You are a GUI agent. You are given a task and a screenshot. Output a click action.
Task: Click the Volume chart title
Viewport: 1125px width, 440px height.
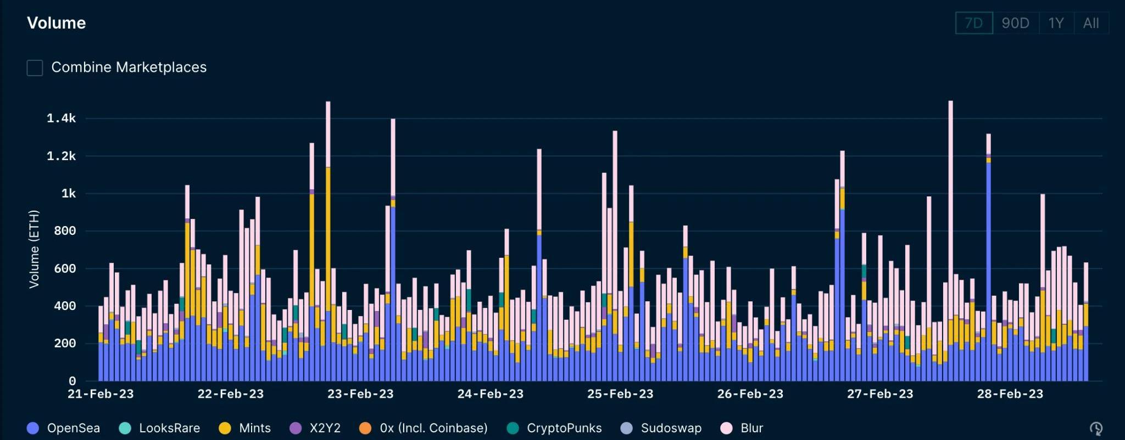point(57,23)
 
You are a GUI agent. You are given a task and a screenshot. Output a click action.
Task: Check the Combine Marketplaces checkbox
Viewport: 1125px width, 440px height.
point(35,68)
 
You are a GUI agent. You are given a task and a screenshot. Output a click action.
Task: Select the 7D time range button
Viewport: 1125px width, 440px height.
point(974,23)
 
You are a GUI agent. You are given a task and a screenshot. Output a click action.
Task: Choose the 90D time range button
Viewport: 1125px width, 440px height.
point(1015,23)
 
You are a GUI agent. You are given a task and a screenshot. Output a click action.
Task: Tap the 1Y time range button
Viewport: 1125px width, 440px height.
point(1056,23)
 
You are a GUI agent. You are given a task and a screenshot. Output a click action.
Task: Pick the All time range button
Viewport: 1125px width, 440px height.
point(1091,23)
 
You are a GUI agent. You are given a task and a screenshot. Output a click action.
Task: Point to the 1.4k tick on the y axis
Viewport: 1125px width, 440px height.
point(61,119)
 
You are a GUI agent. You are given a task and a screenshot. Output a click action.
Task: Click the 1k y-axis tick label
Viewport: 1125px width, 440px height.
point(68,194)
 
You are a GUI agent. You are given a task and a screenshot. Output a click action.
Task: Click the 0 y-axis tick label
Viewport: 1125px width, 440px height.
point(72,381)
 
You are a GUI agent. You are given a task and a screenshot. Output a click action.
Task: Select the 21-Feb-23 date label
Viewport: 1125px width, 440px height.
point(101,394)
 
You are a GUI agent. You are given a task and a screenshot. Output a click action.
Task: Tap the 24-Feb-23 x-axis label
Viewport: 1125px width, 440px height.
point(491,394)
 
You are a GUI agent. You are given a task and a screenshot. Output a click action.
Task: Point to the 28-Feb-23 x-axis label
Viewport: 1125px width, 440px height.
point(1010,394)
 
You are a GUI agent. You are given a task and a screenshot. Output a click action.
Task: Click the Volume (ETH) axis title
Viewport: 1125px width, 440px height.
point(34,249)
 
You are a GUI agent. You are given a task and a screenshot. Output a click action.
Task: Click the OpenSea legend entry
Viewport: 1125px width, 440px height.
point(63,428)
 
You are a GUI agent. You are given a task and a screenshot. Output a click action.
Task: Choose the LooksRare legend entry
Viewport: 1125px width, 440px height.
point(159,428)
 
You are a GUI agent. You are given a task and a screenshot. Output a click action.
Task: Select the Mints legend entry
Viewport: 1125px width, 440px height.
point(245,428)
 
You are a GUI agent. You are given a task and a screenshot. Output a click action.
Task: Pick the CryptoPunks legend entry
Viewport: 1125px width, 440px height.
point(554,428)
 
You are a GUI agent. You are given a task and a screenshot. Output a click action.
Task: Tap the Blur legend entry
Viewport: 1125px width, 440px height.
point(742,428)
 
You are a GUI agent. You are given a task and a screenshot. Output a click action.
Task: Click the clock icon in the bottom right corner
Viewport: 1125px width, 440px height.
point(1096,428)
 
